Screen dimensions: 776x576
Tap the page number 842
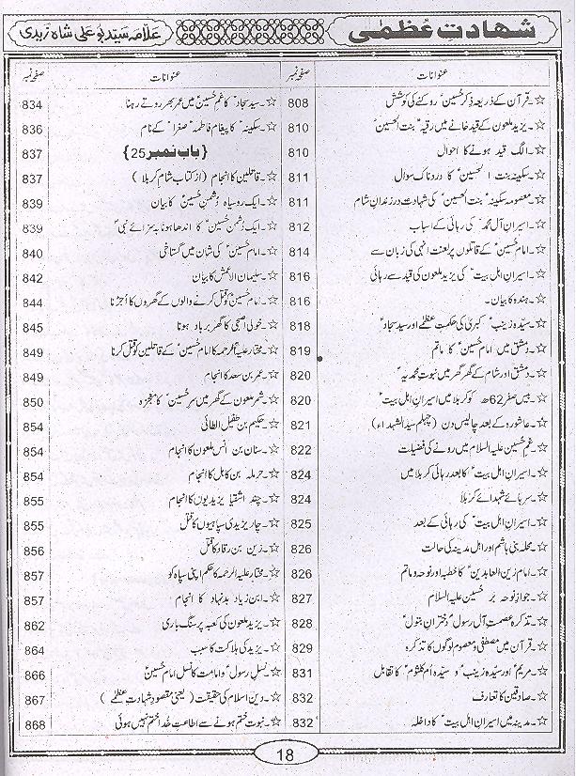tap(34, 278)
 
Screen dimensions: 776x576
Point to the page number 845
tap(34, 328)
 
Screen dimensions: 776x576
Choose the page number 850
tap(34, 402)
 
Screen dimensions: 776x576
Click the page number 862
tap(34, 625)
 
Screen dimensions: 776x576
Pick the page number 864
tap(34, 650)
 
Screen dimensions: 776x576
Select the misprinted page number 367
tap(34, 700)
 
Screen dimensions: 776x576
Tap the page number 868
tap(34, 724)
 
